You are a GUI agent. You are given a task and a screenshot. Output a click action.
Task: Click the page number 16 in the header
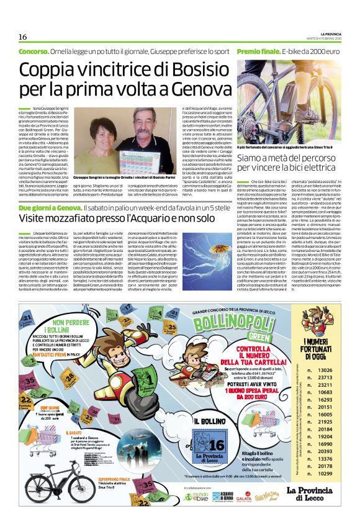click(x=22, y=37)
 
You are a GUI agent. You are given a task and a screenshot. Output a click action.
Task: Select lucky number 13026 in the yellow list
click(x=325, y=370)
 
